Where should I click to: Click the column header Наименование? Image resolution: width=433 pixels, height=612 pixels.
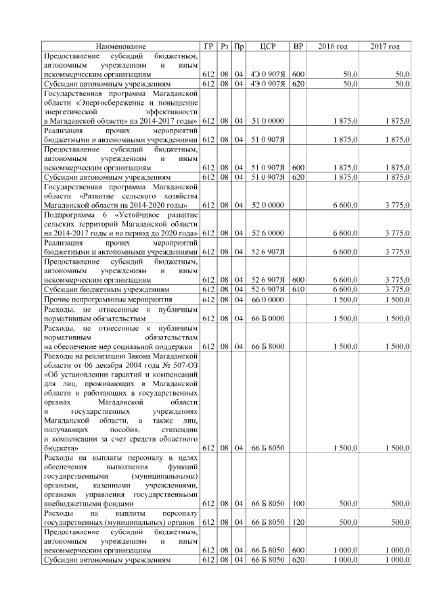pos(120,46)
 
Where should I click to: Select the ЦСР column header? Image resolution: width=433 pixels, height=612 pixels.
pos(267,46)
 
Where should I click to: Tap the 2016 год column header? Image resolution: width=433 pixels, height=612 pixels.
pos(333,46)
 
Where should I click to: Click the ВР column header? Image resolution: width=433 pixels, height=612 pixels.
pos(298,46)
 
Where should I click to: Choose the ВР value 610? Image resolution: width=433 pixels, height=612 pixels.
pos(298,289)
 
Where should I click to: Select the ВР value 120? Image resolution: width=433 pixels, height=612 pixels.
pos(298,523)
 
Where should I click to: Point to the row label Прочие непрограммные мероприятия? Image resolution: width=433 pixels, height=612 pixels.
pos(104,299)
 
